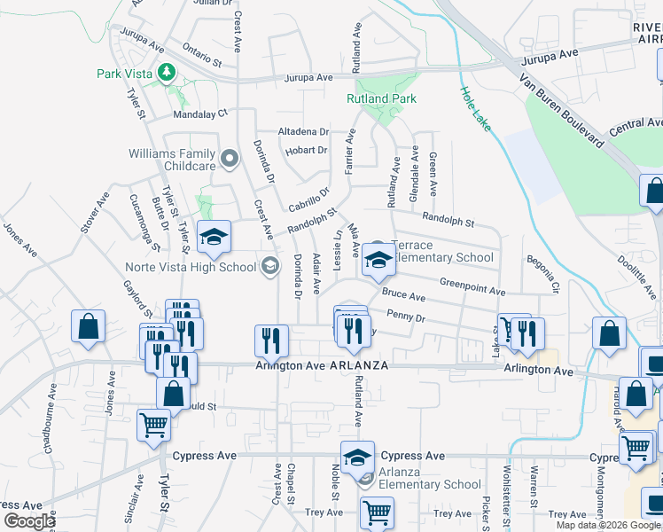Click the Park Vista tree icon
point(165,72)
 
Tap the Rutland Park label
point(380,99)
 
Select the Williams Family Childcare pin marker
point(230,160)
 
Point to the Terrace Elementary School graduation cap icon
point(378,262)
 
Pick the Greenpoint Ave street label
point(472,290)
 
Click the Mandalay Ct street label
point(200,113)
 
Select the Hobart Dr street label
point(307,151)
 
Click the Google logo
point(28,520)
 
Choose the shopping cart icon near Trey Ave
point(378,513)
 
